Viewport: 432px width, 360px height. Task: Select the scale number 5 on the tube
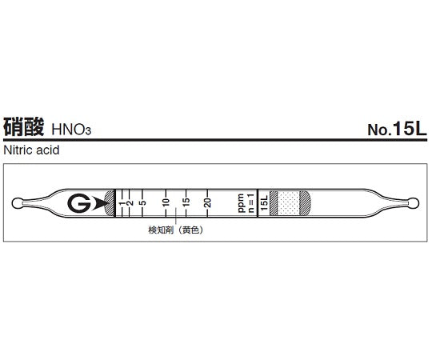tap(142, 202)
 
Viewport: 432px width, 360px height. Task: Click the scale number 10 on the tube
tap(166, 202)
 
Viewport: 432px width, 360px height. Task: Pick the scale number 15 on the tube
tap(186, 202)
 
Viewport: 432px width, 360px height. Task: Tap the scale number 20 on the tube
tap(207, 202)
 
